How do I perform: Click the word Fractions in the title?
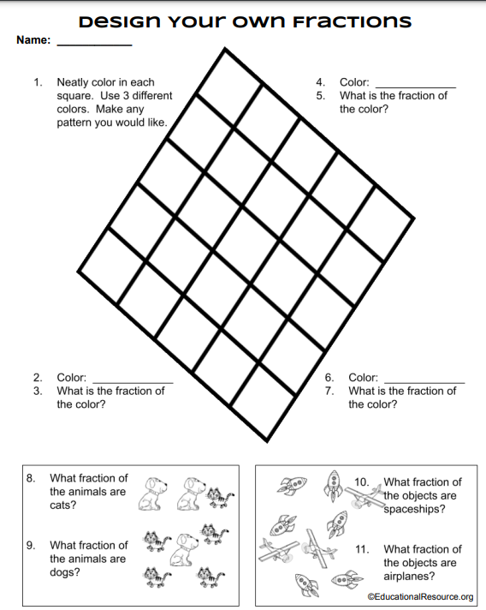pyautogui.click(x=352, y=21)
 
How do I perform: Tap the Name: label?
pyautogui.click(x=33, y=39)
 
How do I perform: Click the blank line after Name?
pyautogui.click(x=94, y=45)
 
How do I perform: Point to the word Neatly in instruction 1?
pyautogui.click(x=73, y=82)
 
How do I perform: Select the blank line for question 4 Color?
pyautogui.click(x=416, y=88)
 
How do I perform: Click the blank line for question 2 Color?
pyautogui.click(x=133, y=383)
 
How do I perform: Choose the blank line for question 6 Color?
pyautogui.click(x=424, y=383)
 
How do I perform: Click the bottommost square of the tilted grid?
pyautogui.click(x=263, y=403)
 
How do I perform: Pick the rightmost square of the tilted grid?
pyautogui.click(x=380, y=224)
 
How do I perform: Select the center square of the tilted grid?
pyautogui.click(x=246, y=245)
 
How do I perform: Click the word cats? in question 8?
pyautogui.click(x=63, y=505)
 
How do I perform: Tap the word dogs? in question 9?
pyautogui.click(x=64, y=572)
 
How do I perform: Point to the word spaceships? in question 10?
pyautogui.click(x=414, y=509)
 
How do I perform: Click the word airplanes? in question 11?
pyautogui.click(x=409, y=576)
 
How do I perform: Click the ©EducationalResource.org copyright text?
pyautogui.click(x=420, y=597)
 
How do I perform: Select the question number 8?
pyautogui.click(x=31, y=478)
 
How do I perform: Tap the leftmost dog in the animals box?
pyautogui.click(x=151, y=493)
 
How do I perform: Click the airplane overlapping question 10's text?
pyautogui.click(x=364, y=496)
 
